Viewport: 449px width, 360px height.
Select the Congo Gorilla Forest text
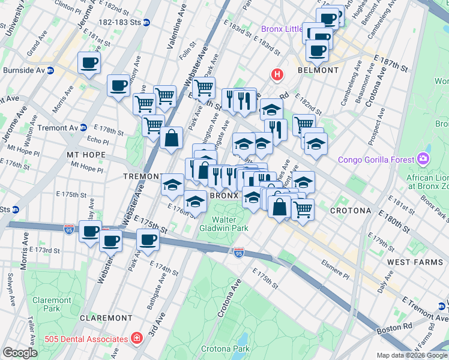pyautogui.click(x=376, y=160)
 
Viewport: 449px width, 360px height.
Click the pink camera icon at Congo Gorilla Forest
pyautogui.click(x=424, y=159)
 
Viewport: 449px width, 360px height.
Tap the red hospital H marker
pyautogui.click(x=277, y=75)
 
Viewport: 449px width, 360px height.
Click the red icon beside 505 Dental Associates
pyautogui.click(x=137, y=338)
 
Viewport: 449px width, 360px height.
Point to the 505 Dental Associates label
pyautogui.click(x=88, y=338)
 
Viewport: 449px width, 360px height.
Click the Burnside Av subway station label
pyautogui.click(x=22, y=70)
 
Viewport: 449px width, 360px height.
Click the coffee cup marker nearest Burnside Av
pyautogui.click(x=89, y=63)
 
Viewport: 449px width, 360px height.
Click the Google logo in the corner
pyautogui.click(x=20, y=352)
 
